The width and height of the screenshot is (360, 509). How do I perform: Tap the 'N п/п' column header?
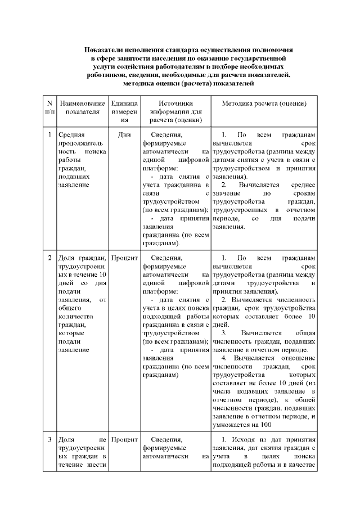[49, 107]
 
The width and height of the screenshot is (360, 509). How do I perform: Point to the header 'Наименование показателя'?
[82, 107]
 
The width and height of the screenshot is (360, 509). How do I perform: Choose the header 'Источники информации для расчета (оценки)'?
[175, 111]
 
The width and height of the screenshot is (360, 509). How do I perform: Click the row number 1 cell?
[49, 135]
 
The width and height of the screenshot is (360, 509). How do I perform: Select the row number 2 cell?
[49, 258]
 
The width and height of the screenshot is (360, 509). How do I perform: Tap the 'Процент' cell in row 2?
[124, 258]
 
